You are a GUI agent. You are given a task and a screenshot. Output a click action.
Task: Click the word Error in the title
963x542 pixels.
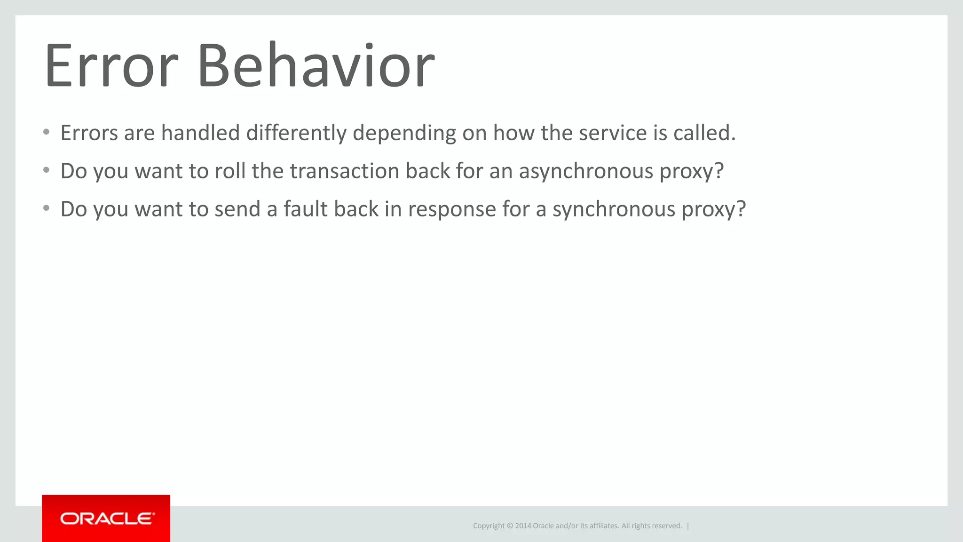pos(111,65)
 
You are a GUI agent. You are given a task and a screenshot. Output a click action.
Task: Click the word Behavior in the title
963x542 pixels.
pos(316,65)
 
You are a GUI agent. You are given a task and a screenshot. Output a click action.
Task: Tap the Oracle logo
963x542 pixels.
pos(106,518)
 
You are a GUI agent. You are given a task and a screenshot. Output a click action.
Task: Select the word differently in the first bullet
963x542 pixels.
pos(296,133)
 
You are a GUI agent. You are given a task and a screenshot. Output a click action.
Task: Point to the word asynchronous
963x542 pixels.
pos(586,171)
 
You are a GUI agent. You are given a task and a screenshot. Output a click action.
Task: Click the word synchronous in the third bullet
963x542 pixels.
pos(614,209)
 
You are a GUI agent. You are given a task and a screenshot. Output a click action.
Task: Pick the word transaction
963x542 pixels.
pos(344,171)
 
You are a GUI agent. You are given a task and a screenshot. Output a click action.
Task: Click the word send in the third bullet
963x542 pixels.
pos(237,209)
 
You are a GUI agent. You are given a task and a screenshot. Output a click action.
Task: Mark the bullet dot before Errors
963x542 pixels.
pos(46,132)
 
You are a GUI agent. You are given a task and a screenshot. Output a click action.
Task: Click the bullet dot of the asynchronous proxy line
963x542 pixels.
pos(46,170)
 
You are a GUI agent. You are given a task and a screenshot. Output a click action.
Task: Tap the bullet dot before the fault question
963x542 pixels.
pos(46,208)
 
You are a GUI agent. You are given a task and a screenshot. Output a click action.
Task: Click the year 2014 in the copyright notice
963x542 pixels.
pos(523,526)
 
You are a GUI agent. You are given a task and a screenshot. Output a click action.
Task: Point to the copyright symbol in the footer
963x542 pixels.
pos(510,526)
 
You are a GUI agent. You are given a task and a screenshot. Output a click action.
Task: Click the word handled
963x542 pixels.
pos(200,133)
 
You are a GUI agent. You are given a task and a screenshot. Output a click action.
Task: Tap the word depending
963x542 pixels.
pos(404,133)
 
